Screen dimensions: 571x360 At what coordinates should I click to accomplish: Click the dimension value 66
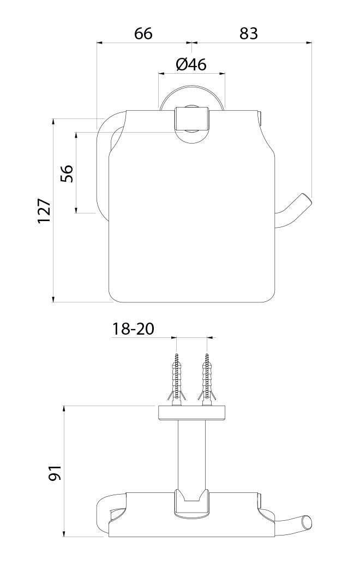tap(143, 33)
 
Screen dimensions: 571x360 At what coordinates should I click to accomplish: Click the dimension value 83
tap(248, 33)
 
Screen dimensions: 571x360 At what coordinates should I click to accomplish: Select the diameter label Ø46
tap(191, 64)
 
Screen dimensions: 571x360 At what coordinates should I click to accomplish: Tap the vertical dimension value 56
tap(67, 173)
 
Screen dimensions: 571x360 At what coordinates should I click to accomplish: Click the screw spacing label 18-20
tap(133, 329)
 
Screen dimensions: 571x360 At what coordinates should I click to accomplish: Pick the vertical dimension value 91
tap(55, 472)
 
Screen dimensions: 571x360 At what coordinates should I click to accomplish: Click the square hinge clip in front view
tap(191, 118)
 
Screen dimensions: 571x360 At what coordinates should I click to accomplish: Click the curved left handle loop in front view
tap(104, 164)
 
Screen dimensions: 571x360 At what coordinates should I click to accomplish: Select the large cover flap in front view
tap(191, 218)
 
